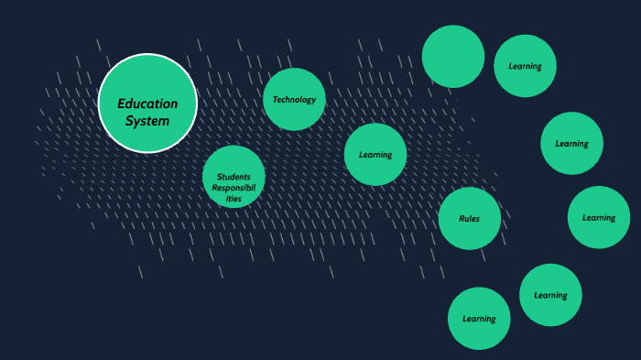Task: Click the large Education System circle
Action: [x=147, y=103]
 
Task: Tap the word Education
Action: [x=147, y=104]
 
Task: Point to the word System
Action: [x=147, y=120]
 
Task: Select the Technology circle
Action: [x=294, y=99]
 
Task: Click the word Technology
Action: [x=294, y=100]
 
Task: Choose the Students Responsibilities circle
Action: [x=234, y=177]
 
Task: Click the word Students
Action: [x=234, y=176]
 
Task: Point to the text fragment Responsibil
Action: [x=234, y=187]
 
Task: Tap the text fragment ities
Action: [x=234, y=198]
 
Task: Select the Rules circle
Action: [x=470, y=218]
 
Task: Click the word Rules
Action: [x=470, y=219]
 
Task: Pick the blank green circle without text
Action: [x=453, y=56]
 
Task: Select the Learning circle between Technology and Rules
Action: [x=375, y=154]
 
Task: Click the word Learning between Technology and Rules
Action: [x=375, y=155]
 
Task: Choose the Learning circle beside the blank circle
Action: [x=525, y=65]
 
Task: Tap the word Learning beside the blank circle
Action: [x=525, y=66]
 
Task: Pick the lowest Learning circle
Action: [x=479, y=318]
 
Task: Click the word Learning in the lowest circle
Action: [x=479, y=319]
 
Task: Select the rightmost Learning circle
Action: [x=599, y=217]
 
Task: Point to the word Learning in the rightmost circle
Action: [x=599, y=218]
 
